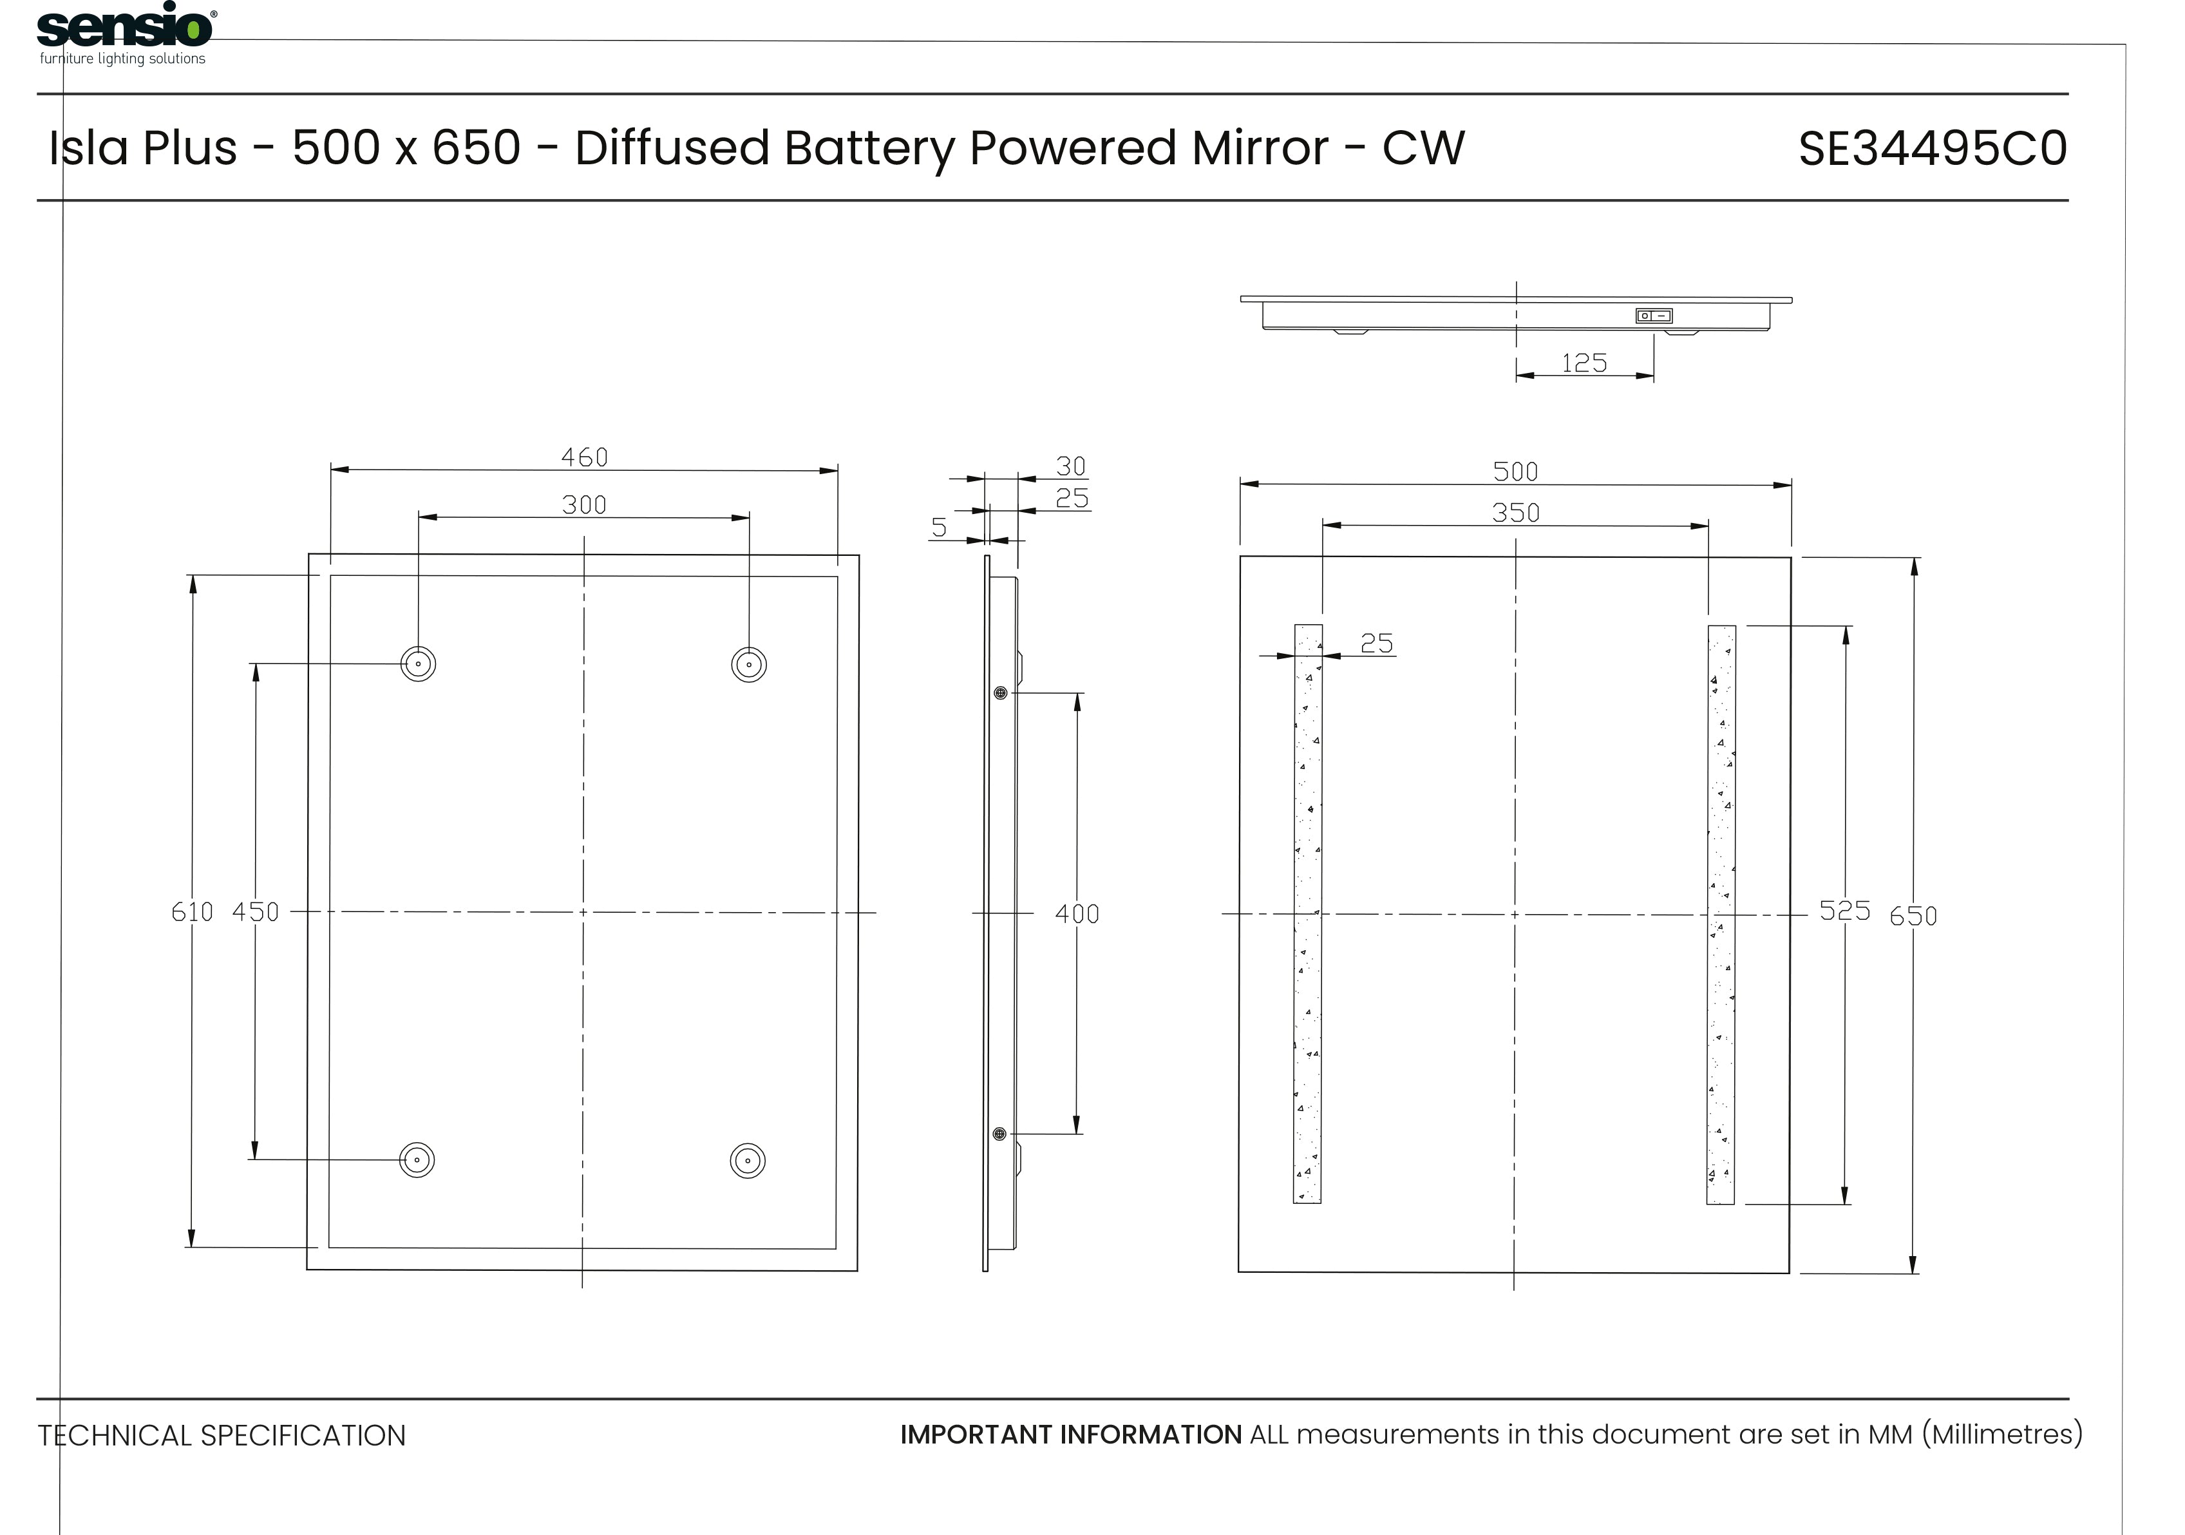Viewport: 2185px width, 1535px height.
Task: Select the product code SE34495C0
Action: click(1932, 148)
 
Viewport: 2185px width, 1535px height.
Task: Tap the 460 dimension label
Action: click(584, 458)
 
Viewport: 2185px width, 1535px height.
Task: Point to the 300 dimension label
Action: click(584, 504)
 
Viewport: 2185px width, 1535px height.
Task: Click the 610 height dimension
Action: click(193, 911)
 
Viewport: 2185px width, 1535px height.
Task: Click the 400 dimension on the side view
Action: click(1077, 913)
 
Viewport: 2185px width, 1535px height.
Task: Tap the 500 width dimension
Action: click(1516, 471)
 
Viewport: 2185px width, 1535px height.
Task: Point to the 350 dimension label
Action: click(1516, 513)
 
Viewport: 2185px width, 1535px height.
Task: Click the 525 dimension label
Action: click(1844, 911)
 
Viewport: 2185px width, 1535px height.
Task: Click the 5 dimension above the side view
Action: click(940, 527)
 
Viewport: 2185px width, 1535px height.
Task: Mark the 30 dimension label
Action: click(1072, 466)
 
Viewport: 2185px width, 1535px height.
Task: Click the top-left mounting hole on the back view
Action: click(418, 663)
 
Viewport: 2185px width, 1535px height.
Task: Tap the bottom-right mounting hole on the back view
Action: click(748, 1161)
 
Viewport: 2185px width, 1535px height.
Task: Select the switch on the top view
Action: click(1654, 316)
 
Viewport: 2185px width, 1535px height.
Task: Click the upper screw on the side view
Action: click(1000, 693)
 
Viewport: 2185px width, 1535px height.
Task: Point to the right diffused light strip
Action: click(1721, 913)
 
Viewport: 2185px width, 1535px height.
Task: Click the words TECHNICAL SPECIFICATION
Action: click(222, 1435)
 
